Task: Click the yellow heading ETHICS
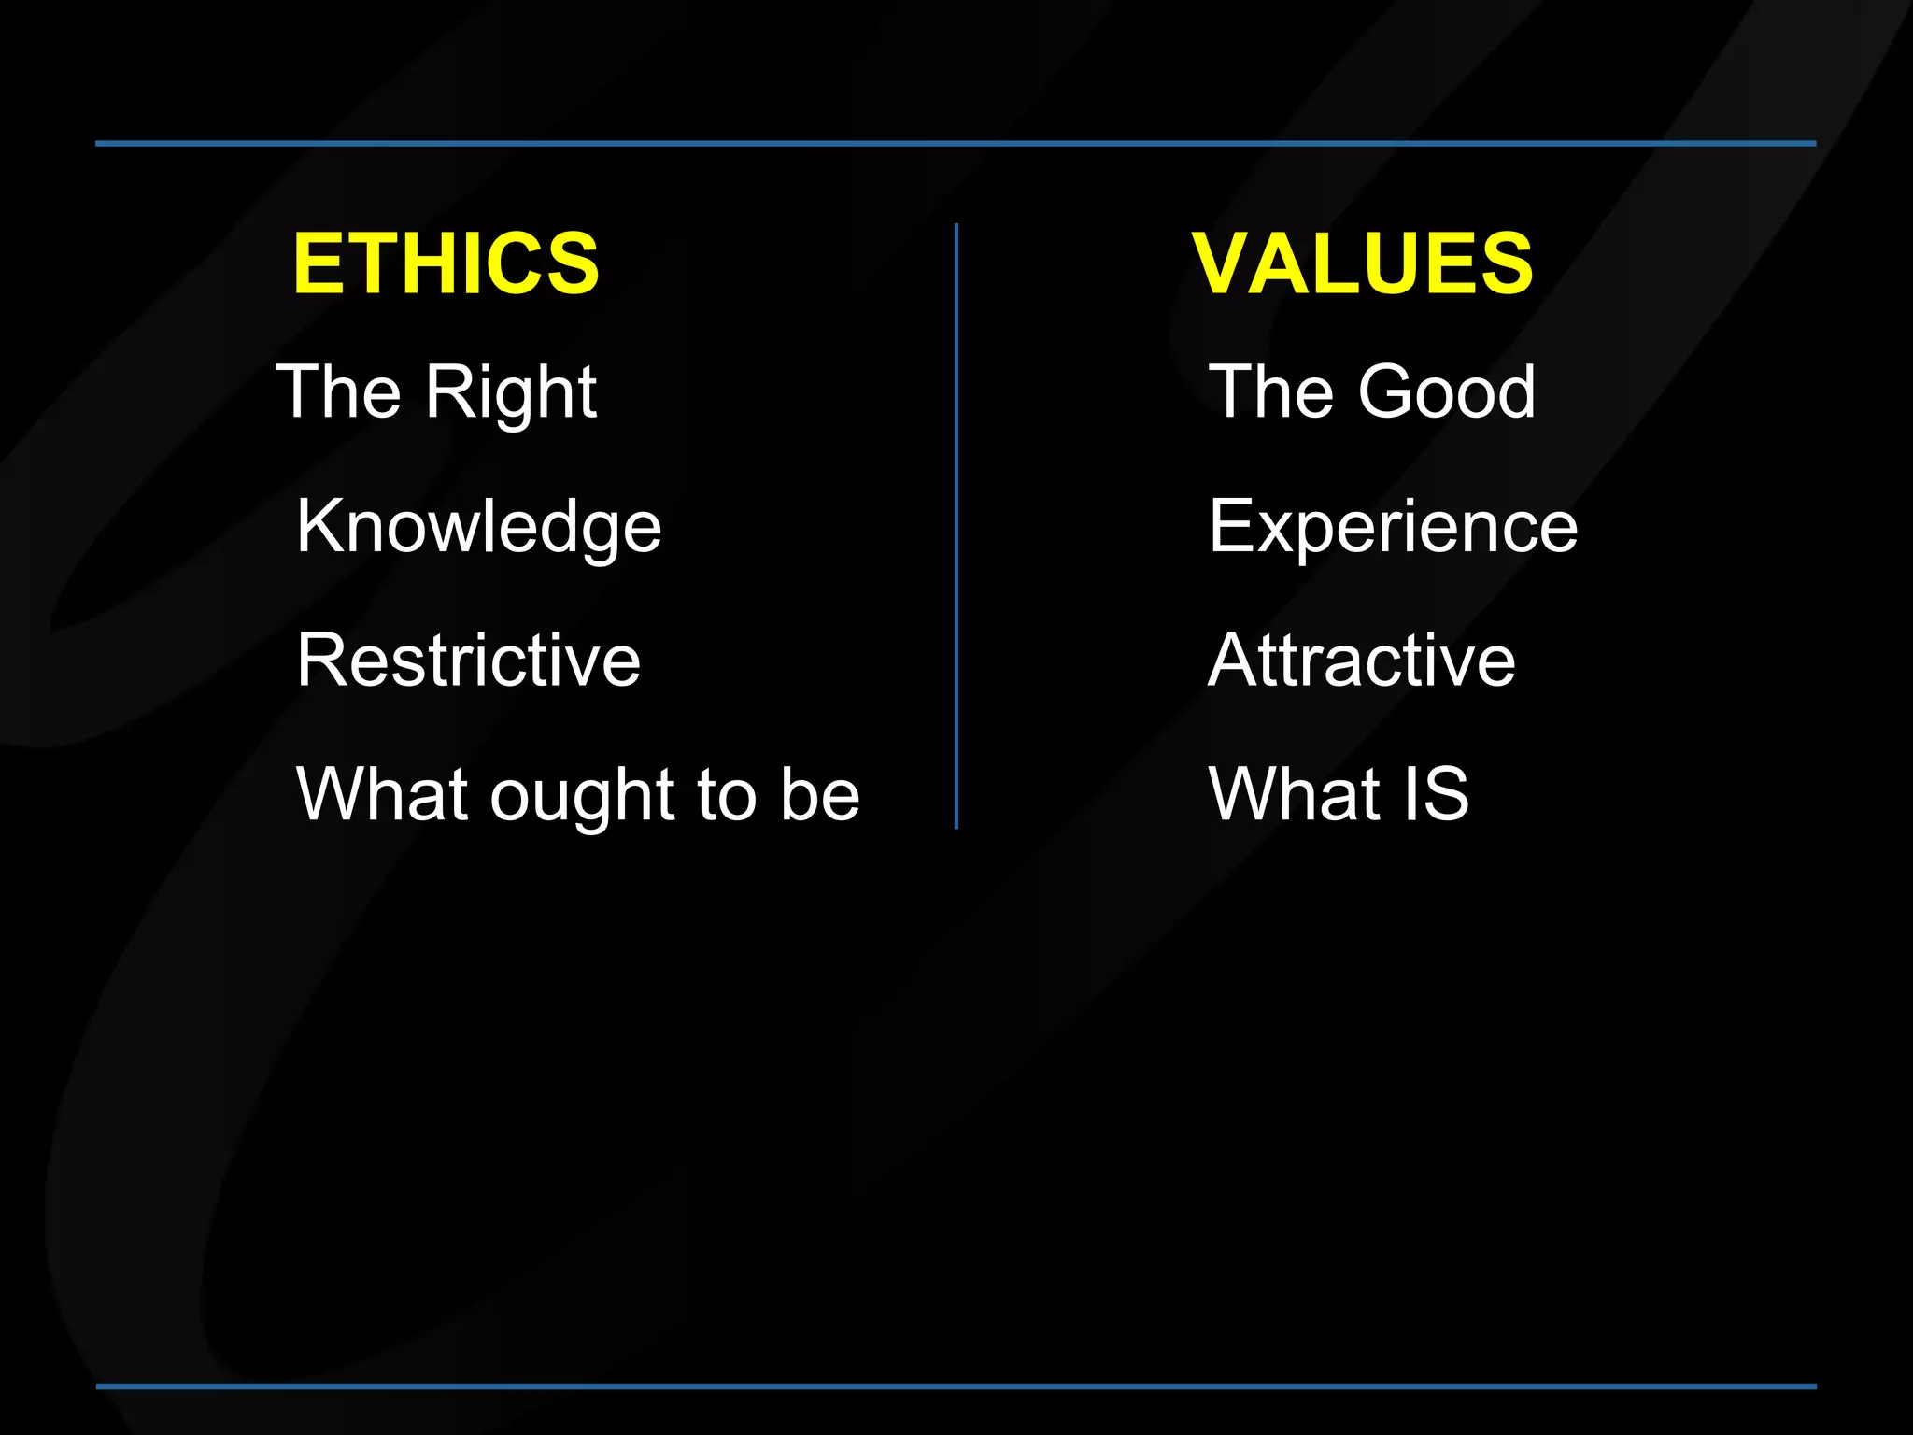(x=446, y=263)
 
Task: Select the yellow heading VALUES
(x=1362, y=263)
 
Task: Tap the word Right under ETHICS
(x=511, y=392)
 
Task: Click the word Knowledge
(x=478, y=527)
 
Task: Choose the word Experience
(x=1393, y=526)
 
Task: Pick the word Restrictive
(x=468, y=660)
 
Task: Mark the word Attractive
(x=1361, y=660)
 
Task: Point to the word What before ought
(x=382, y=794)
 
